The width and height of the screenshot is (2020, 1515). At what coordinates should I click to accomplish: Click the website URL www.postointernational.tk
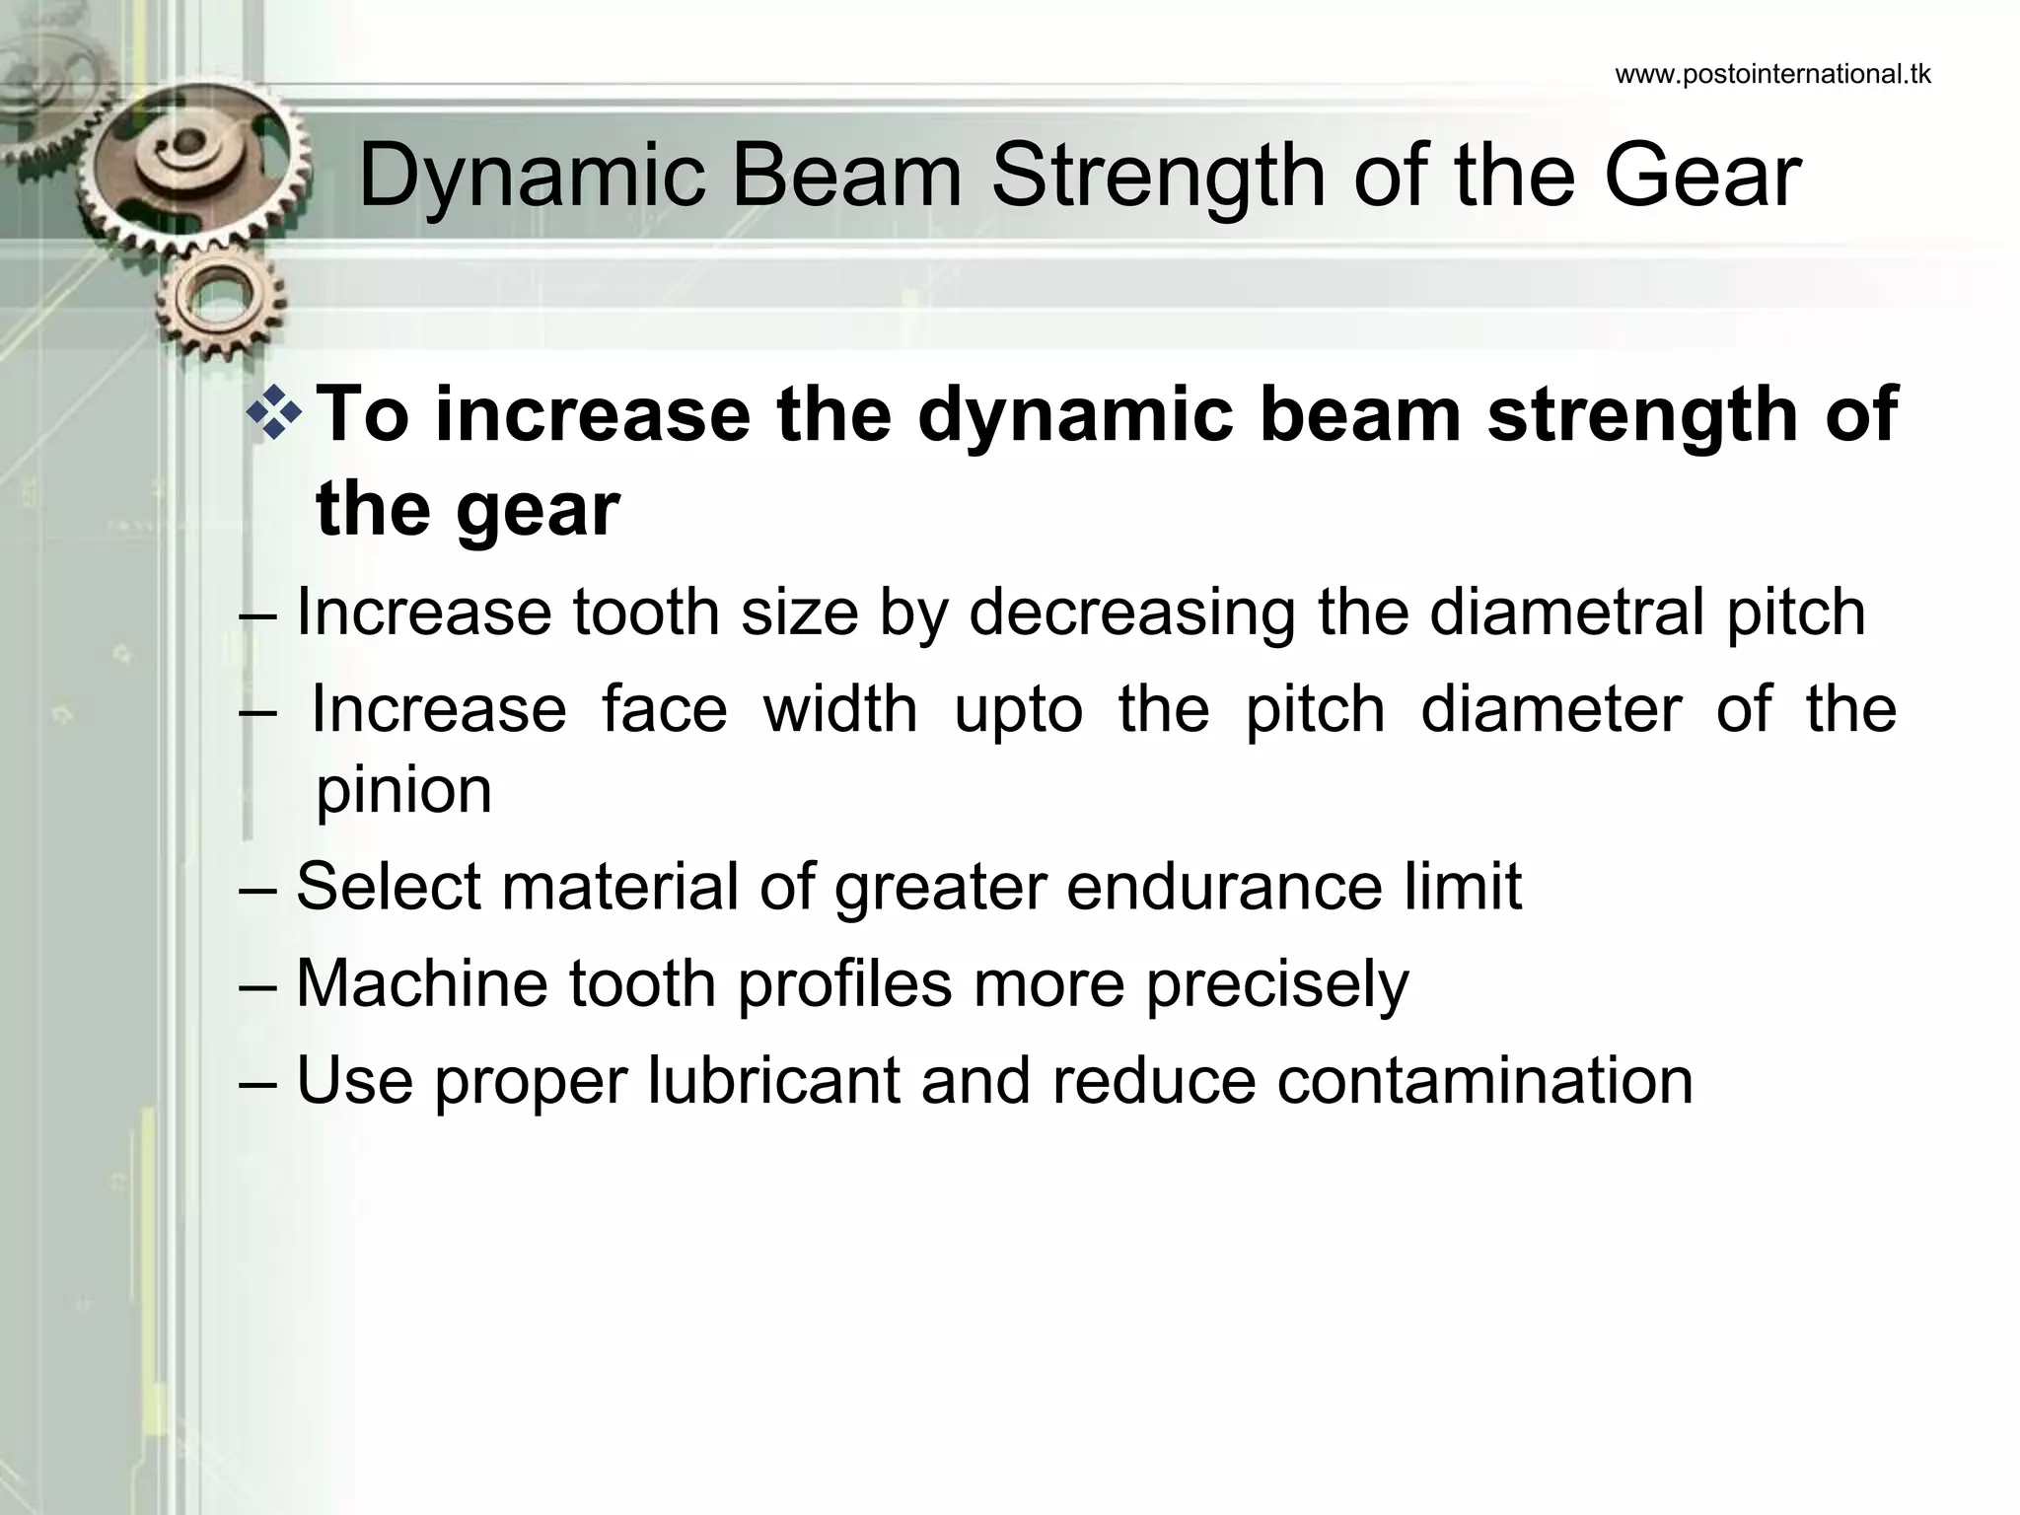(x=1772, y=75)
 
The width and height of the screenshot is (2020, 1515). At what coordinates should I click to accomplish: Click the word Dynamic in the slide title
(x=532, y=178)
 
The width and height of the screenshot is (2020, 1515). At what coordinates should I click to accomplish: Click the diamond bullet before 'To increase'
(x=273, y=414)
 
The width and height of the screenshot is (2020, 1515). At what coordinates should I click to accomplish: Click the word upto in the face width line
(x=1018, y=710)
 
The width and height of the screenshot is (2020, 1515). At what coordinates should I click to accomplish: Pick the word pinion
(x=403, y=791)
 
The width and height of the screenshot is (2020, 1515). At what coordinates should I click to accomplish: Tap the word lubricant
(x=773, y=1080)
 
